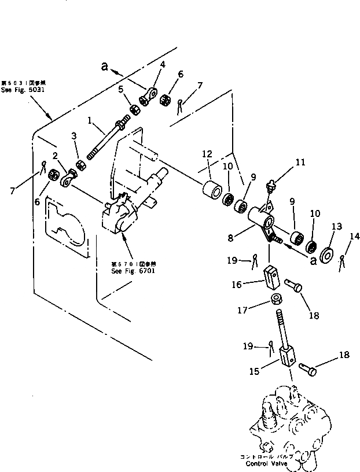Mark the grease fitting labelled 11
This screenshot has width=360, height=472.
267,186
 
